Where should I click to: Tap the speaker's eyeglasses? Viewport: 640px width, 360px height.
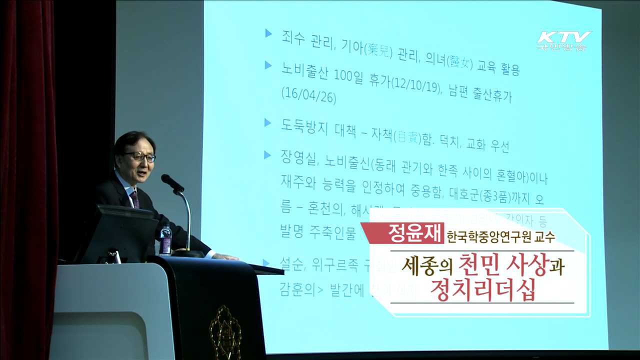point(140,156)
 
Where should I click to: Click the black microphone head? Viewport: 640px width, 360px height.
point(172,182)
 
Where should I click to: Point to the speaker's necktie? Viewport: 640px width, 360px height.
point(134,198)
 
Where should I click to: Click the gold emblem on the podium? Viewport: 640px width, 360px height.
point(225,332)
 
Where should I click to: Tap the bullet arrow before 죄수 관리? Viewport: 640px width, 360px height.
point(268,33)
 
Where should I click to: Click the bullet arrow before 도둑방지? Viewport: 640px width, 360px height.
point(268,121)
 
